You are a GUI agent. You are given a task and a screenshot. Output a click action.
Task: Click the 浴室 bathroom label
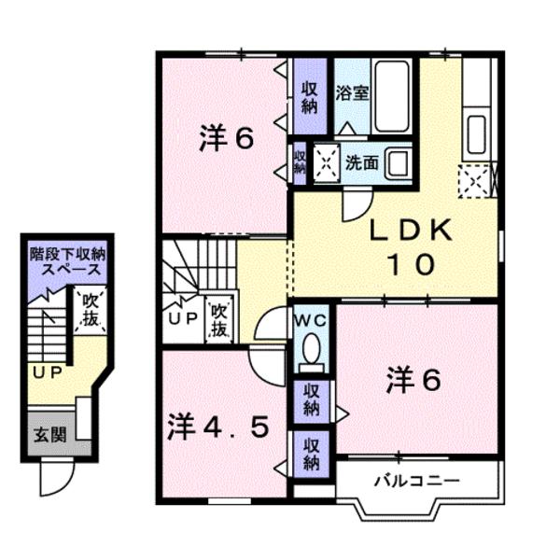[x=351, y=94]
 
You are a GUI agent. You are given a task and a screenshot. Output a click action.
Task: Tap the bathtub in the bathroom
[x=393, y=97]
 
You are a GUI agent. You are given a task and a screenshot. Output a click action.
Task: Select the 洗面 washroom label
[x=362, y=161]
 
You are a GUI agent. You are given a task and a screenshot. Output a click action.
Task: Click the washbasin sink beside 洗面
[x=398, y=161]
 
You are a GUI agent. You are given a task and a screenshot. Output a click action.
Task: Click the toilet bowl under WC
[x=310, y=353]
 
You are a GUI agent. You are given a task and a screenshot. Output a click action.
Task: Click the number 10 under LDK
[x=408, y=265]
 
